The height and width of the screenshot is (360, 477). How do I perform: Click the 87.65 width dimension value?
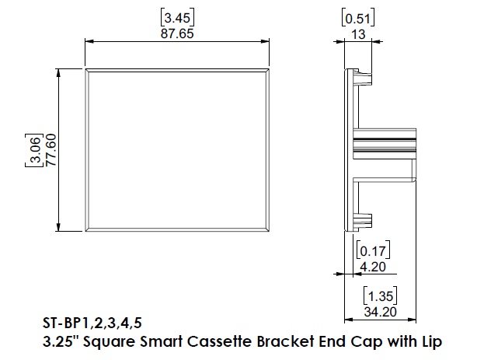click(x=177, y=33)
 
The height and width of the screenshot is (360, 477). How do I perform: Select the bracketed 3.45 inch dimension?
click(x=177, y=18)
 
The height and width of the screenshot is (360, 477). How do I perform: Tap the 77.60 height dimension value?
click(x=51, y=150)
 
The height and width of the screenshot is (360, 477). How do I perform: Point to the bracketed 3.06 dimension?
click(x=34, y=150)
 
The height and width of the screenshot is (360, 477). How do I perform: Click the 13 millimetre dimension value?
click(x=358, y=34)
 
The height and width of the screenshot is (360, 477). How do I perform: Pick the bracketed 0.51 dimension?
click(x=358, y=19)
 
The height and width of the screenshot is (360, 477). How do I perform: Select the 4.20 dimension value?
click(x=373, y=267)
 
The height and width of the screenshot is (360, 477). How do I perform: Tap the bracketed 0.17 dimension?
click(x=373, y=250)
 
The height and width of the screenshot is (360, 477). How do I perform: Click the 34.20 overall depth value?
click(x=380, y=312)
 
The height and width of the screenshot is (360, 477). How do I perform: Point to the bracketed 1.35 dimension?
click(x=380, y=295)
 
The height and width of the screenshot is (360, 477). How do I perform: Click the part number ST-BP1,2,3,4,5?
click(x=92, y=323)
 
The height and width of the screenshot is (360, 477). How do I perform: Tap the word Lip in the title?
click(x=432, y=342)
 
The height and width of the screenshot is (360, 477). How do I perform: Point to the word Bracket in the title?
click(x=285, y=341)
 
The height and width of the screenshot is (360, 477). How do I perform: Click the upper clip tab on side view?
click(x=364, y=78)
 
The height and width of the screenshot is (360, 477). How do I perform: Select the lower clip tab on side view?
click(x=364, y=221)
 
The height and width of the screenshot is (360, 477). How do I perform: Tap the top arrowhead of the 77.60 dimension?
click(x=59, y=73)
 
